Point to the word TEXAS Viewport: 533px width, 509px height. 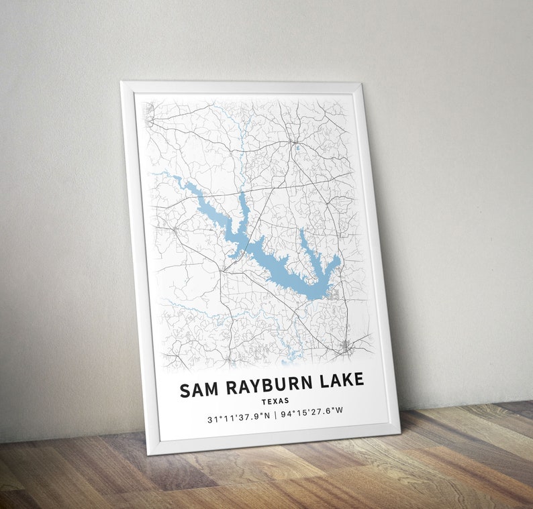(275, 401)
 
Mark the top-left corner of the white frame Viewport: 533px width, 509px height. (122, 82)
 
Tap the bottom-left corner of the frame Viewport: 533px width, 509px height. (148, 454)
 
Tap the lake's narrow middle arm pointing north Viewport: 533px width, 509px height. (243, 201)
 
